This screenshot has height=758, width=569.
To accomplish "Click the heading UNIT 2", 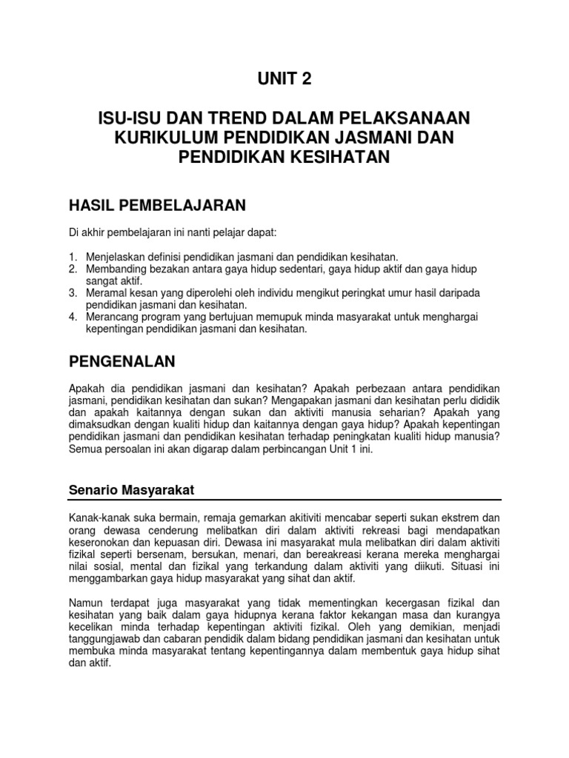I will pos(284,79).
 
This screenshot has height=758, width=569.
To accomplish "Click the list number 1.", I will pos(73,255).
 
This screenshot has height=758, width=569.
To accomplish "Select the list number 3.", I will pos(73,293).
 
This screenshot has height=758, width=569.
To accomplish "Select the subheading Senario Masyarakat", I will pos(131,489).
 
